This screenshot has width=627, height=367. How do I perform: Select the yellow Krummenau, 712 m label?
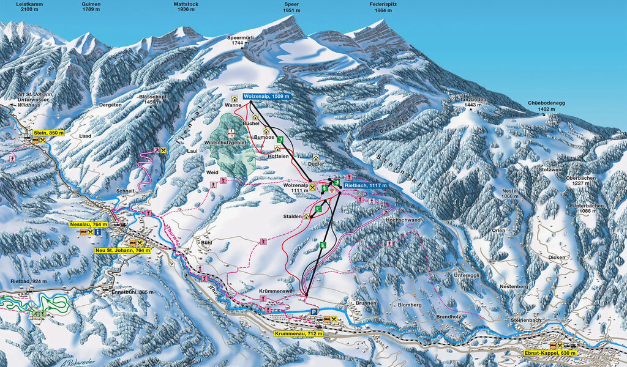point(298,333)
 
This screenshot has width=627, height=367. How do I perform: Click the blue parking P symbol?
point(315,312)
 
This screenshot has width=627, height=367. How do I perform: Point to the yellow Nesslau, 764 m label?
point(88,224)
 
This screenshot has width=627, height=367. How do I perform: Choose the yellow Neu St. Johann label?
point(122,250)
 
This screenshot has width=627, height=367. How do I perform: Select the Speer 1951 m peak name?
point(291,7)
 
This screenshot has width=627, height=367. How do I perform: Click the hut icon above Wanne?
point(234,98)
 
